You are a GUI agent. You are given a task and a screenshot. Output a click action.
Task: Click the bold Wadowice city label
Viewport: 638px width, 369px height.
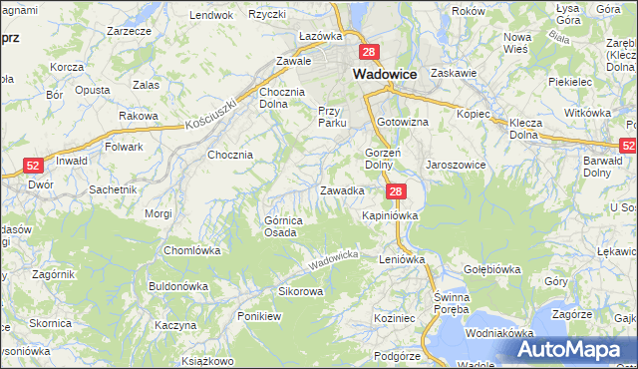(387, 73)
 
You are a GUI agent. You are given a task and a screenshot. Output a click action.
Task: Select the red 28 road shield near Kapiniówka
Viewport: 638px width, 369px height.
(396, 191)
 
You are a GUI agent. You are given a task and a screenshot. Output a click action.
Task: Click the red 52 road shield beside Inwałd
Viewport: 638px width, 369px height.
(33, 166)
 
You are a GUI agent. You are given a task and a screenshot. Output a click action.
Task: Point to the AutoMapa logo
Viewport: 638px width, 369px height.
(572, 350)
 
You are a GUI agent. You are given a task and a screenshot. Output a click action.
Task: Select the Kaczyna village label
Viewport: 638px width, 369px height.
(174, 325)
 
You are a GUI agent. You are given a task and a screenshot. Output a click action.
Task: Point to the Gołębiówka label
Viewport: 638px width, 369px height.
(492, 269)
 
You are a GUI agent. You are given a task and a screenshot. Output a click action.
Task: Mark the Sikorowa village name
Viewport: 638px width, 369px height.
(300, 292)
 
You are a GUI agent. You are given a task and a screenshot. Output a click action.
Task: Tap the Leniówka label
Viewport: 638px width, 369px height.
(402, 258)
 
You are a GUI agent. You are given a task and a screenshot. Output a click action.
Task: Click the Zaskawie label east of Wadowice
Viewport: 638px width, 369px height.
(455, 73)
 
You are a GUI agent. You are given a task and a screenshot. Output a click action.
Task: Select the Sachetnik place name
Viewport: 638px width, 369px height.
(112, 188)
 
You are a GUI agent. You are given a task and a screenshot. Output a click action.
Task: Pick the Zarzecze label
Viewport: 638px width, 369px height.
(129, 31)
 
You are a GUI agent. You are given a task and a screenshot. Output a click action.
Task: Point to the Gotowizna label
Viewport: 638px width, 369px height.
(403, 122)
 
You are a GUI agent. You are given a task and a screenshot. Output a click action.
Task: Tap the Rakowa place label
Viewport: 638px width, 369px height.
(139, 116)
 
